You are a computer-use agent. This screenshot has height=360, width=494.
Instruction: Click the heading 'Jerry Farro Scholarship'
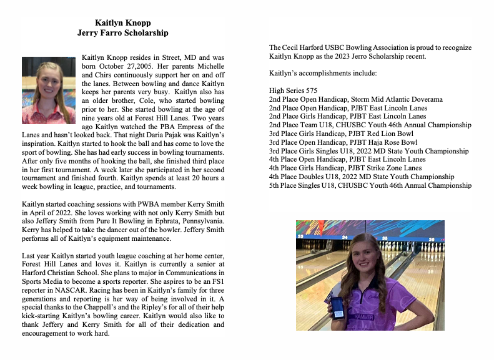[122, 32]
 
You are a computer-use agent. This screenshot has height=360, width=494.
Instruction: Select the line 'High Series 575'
[293, 90]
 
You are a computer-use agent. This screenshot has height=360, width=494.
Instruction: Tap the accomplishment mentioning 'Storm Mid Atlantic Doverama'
[356, 99]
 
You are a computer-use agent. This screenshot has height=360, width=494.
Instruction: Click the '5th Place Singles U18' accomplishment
[370, 185]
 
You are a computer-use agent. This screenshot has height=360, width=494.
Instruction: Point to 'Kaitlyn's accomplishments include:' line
[323, 74]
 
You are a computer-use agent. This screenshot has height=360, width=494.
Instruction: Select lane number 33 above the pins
[300, 236]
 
